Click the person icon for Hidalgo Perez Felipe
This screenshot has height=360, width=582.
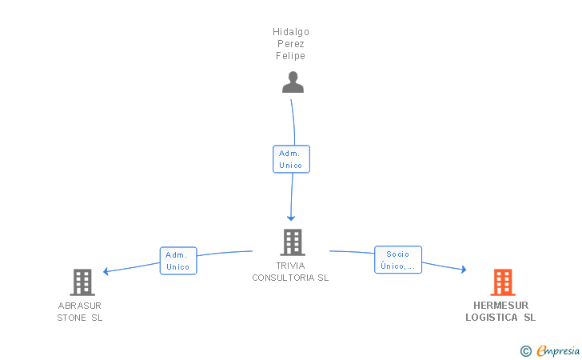[x=293, y=82]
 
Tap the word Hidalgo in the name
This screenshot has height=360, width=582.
[x=291, y=32]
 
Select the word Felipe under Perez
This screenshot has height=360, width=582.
[x=291, y=56]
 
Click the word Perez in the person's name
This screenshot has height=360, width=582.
[x=291, y=44]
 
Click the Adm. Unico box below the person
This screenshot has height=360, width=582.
[x=291, y=159]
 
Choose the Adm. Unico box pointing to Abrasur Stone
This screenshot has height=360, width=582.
[x=178, y=261]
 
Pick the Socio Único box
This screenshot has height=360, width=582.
[x=398, y=260]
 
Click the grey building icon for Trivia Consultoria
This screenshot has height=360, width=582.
[x=293, y=242]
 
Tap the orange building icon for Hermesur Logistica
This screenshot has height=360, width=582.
[x=503, y=282]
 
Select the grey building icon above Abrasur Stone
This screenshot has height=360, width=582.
[x=82, y=282]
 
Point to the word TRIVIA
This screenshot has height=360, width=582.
[x=291, y=266]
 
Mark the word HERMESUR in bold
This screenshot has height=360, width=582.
[x=500, y=306]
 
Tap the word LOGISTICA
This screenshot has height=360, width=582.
[x=492, y=318]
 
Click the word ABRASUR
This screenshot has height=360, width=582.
[x=80, y=306]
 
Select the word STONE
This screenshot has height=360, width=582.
[x=72, y=318]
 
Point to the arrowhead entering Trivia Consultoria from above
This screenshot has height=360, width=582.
[x=291, y=218]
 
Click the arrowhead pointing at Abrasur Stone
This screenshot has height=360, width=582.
[x=106, y=271]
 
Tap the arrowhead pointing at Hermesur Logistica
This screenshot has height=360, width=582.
[x=464, y=270]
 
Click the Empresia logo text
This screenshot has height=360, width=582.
[x=558, y=350]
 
